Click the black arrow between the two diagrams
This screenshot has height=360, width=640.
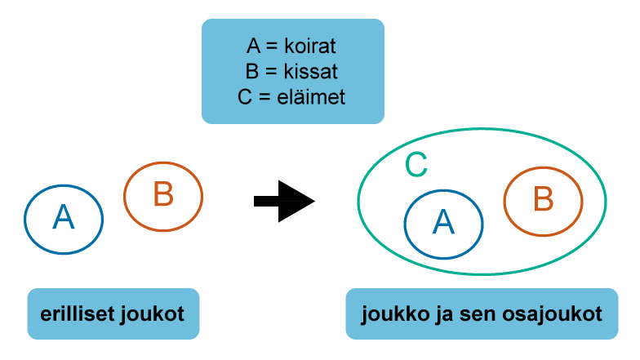coord(284,201)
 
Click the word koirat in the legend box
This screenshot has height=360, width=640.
coord(310,46)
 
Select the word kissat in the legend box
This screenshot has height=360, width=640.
coord(310,72)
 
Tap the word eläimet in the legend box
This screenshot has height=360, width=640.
coord(311,97)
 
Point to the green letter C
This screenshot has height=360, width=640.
coord(416,165)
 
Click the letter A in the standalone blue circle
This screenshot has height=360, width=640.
coord(64,217)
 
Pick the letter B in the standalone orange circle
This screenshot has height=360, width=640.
coord(163,194)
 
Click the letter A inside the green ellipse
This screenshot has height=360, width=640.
coord(443,222)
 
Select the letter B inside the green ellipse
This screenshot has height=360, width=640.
coord(544,199)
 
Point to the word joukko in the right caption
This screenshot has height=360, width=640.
coord(395,314)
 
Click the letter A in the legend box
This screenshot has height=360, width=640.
coord(253,46)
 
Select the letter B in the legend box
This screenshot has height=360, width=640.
coord(252,72)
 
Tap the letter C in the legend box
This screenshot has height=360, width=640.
coord(245,97)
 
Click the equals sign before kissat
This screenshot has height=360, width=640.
coord(271,72)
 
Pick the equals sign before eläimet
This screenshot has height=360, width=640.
coord(264,98)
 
